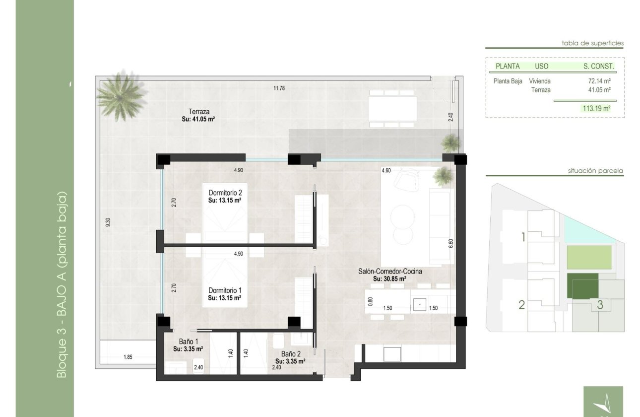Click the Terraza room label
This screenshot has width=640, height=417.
pos(199,112)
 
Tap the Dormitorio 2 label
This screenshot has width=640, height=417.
pos(225,193)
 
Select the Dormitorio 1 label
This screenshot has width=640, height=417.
pos(225,290)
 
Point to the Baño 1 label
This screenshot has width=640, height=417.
pos(189,341)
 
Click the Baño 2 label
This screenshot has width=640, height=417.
pos(291,354)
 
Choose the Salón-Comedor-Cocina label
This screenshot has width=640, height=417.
pos(390,271)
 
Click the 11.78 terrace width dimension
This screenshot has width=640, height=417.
pos(279,88)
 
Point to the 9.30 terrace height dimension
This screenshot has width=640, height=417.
pos(108,222)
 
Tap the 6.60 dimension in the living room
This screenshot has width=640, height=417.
pos(451,243)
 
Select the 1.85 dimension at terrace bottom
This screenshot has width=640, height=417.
pos(128,357)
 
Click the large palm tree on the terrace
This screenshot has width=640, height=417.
pos(122,96)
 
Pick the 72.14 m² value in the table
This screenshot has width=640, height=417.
pos(599,81)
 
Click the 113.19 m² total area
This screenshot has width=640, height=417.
pos(596,108)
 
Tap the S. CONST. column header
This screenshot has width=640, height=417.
pos(598,67)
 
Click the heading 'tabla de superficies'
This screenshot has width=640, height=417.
pos(592,43)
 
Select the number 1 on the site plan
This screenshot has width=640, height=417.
pos(523,237)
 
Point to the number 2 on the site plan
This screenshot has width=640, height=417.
pos(522,305)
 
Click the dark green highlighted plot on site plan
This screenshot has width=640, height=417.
pos(582,286)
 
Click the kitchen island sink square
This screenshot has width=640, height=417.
pos(420,305)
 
